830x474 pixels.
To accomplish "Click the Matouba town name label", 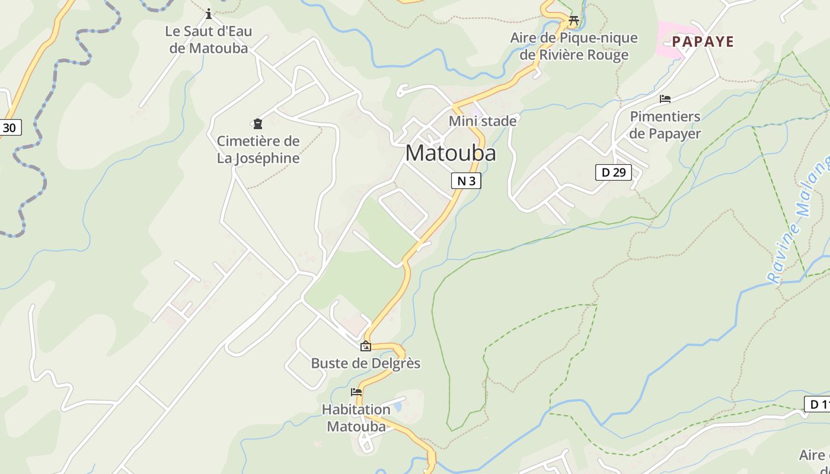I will (451, 153).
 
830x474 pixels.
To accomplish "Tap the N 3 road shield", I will (466, 181).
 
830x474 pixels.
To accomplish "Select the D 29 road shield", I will (613, 172).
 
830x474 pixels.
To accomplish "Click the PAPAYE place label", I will (703, 41).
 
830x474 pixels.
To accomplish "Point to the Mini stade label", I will (482, 121).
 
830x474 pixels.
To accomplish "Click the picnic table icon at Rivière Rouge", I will (573, 20).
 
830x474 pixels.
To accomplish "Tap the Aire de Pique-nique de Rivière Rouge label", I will (574, 46).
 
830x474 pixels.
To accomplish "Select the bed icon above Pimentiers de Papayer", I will (665, 99).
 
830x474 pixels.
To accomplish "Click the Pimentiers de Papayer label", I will (665, 125).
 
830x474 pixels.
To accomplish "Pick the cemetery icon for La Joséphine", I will (258, 124).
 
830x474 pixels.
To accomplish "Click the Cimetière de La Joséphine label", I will (258, 150).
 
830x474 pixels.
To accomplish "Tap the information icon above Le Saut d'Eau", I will (208, 14).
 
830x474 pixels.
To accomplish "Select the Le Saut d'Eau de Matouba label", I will (209, 40).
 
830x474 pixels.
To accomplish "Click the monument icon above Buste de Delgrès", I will (366, 347).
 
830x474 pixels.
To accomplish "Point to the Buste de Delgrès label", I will (366, 363).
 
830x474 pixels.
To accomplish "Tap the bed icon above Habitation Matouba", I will (356, 392).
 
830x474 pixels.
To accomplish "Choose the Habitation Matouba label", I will (356, 418).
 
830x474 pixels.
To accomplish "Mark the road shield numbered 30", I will (9, 127).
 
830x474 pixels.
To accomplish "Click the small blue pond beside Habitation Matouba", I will (396, 406).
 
